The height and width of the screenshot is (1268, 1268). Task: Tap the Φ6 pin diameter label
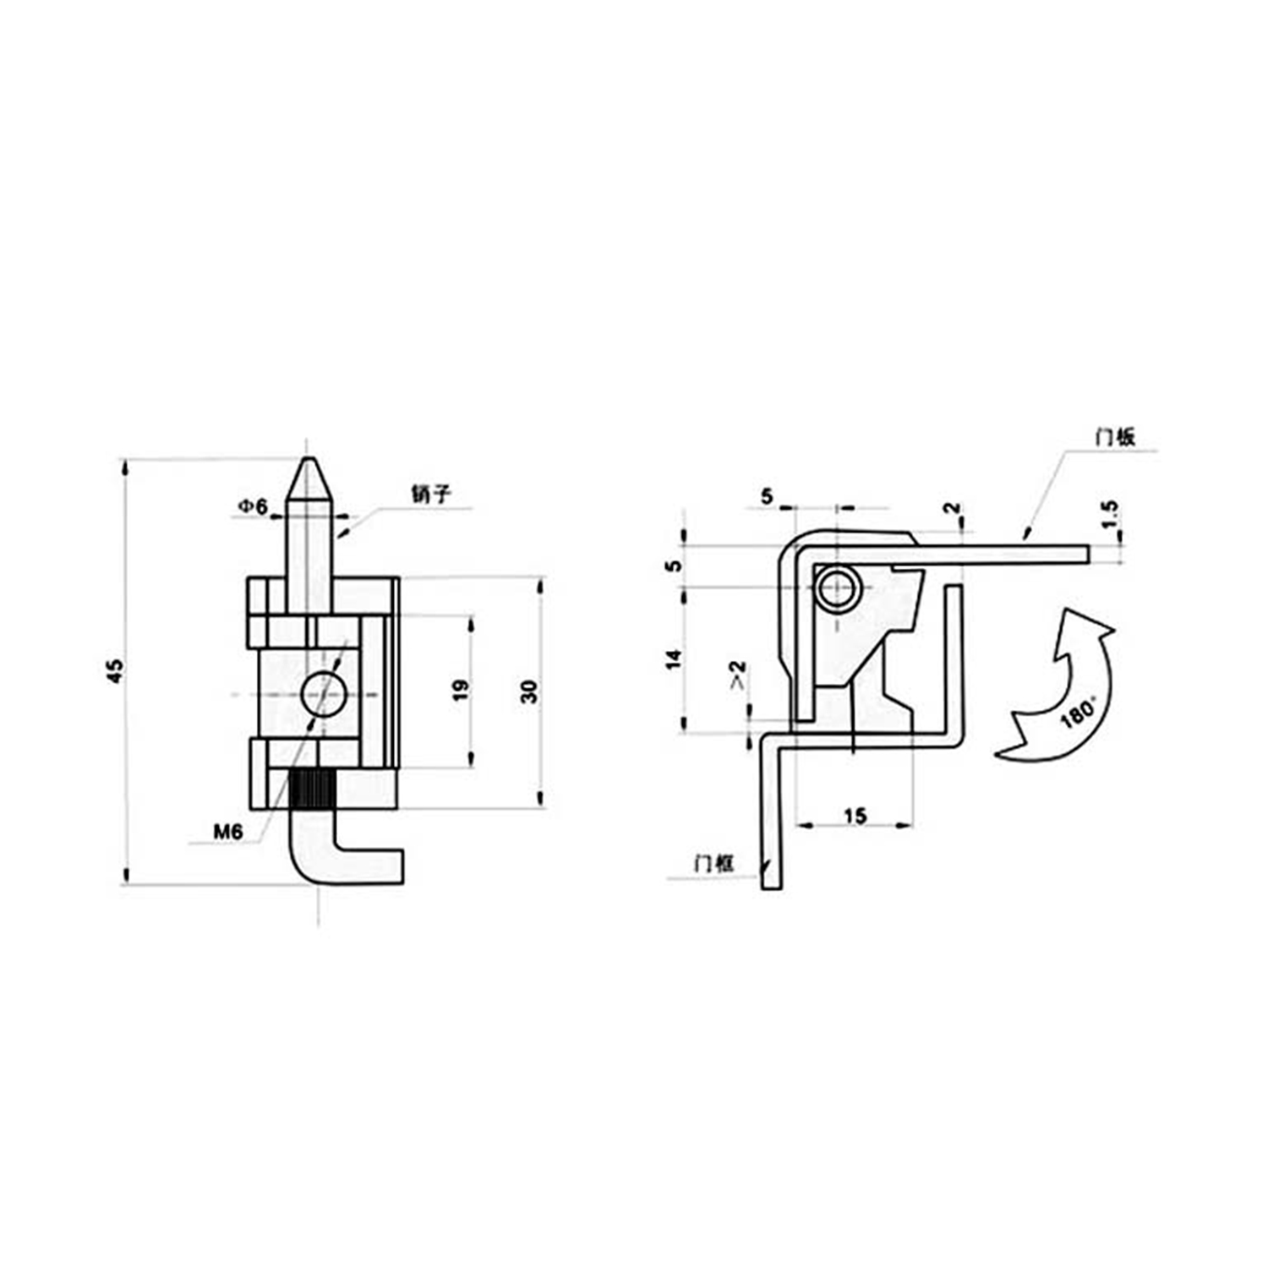pos(252,506)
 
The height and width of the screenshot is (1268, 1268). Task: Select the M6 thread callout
pos(227,832)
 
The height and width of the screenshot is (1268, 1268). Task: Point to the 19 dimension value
pos(460,690)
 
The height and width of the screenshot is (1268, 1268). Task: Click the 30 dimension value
pos(528,691)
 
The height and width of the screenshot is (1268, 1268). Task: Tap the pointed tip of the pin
pos(310,459)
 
